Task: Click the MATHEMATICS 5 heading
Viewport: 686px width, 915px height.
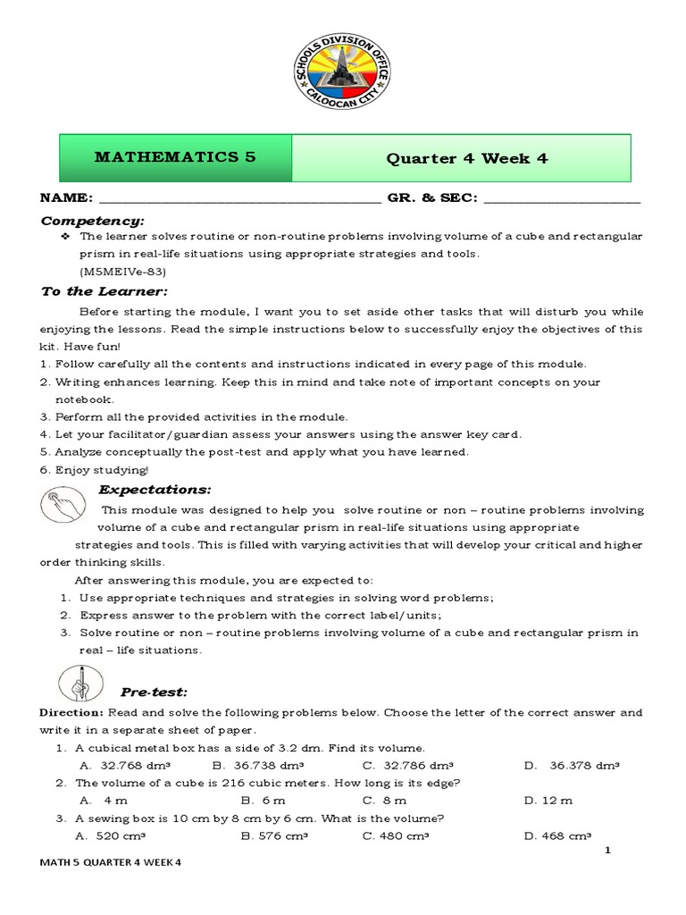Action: [x=175, y=157]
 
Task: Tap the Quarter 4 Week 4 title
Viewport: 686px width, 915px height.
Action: [x=466, y=158]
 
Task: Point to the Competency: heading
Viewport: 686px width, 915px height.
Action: [x=92, y=220]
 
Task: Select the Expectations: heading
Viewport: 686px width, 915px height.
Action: [x=155, y=489]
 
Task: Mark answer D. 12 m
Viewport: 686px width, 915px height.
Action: [x=548, y=800]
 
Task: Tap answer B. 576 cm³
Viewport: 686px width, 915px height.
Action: [x=274, y=836]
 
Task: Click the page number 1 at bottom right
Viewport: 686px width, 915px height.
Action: [x=607, y=851]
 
